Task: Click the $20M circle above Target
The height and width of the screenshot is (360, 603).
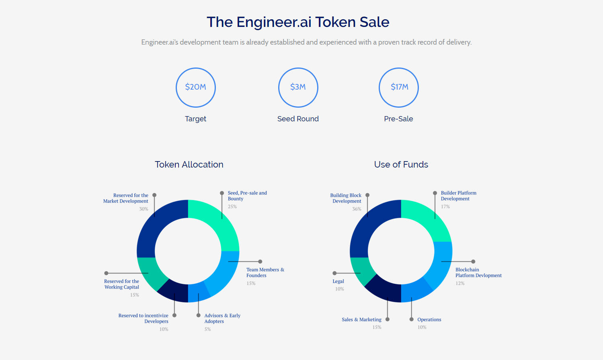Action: (x=196, y=87)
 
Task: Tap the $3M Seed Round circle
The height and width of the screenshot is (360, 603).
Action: (x=298, y=87)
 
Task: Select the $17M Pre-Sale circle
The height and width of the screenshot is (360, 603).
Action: (x=399, y=87)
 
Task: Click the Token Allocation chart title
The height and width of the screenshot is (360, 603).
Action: (x=189, y=164)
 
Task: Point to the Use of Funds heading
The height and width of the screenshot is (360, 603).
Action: (x=401, y=164)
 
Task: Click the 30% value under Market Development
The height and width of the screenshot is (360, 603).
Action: (x=144, y=209)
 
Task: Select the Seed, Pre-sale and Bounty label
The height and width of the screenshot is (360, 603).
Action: (x=247, y=196)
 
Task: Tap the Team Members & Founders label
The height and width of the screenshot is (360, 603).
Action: (x=265, y=272)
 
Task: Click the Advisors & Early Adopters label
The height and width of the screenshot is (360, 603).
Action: (x=222, y=318)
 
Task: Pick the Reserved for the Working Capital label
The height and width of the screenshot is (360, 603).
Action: (x=121, y=284)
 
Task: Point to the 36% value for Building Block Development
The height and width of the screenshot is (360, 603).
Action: (x=357, y=209)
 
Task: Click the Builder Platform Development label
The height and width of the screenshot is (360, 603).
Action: (x=458, y=196)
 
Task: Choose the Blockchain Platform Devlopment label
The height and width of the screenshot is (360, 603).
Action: (x=478, y=272)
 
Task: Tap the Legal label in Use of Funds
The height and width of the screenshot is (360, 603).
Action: (x=338, y=281)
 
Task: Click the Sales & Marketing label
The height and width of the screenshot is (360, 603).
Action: (x=361, y=319)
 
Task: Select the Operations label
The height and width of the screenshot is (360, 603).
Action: (x=429, y=319)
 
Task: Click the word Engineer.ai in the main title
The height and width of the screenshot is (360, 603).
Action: (x=274, y=22)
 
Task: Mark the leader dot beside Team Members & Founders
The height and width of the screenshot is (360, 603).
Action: (x=260, y=262)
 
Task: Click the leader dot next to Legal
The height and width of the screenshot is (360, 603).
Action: (x=334, y=273)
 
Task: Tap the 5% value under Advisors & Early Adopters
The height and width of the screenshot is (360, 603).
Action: (x=207, y=329)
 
